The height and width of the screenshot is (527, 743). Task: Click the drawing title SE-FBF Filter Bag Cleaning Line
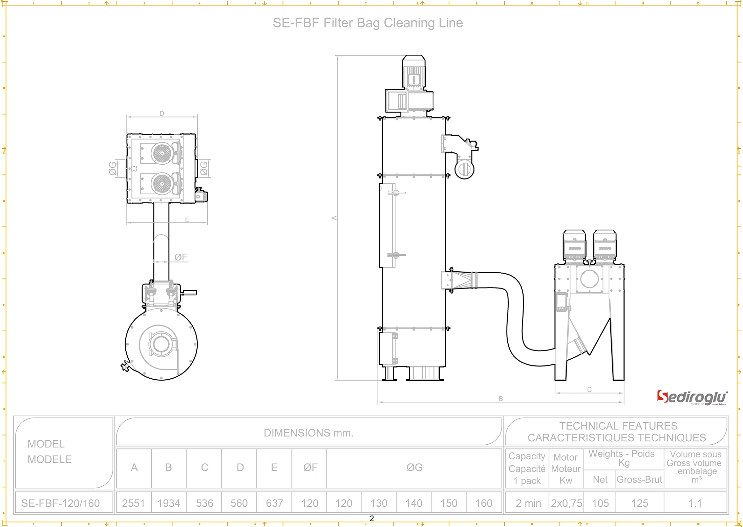(368, 23)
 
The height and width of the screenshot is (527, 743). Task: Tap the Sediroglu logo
(692, 398)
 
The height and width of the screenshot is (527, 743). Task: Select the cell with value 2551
(133, 503)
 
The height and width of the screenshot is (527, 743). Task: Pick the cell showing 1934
(169, 503)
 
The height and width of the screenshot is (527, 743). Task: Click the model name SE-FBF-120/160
(61, 503)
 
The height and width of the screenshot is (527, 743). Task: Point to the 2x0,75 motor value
(566, 503)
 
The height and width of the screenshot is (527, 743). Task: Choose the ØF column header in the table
(310, 467)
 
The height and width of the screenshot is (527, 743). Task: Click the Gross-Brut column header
(639, 479)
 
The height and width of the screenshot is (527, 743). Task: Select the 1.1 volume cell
(695, 503)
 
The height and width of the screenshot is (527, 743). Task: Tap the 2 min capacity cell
(528, 503)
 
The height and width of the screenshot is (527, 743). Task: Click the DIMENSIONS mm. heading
(309, 433)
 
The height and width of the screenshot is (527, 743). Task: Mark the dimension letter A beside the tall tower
(334, 217)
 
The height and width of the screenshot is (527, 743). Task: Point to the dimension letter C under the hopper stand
(589, 389)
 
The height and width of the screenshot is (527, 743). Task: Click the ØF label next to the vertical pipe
(181, 257)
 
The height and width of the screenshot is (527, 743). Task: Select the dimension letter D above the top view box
(162, 113)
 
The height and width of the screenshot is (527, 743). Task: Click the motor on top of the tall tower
(413, 73)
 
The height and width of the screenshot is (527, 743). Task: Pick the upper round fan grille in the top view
(162, 153)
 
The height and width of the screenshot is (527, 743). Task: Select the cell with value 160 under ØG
(484, 503)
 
